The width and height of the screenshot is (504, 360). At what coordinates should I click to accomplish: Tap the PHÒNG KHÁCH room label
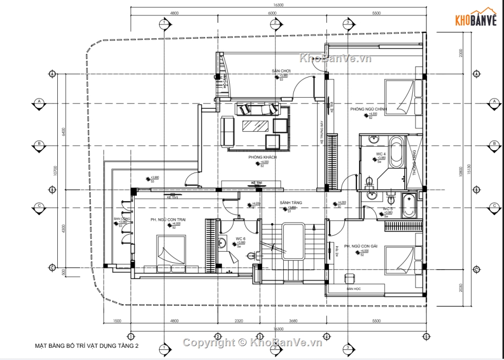pos(260,158)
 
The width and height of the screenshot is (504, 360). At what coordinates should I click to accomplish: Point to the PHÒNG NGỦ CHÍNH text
pos(368,109)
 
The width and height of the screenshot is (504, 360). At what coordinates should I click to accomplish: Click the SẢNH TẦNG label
pos(291,203)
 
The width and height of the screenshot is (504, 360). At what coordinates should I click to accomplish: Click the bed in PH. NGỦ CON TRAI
pos(170,252)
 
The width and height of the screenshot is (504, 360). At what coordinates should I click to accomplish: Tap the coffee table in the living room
pos(255,126)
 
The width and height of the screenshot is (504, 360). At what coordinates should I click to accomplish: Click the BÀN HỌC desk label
pos(354,288)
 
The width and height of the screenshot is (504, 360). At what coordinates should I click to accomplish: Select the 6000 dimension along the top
pos(272,12)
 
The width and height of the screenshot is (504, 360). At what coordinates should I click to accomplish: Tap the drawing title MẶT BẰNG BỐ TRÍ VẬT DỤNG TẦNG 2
pos(86,346)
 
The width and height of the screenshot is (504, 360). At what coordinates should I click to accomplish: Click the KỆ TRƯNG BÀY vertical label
pos(322,133)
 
